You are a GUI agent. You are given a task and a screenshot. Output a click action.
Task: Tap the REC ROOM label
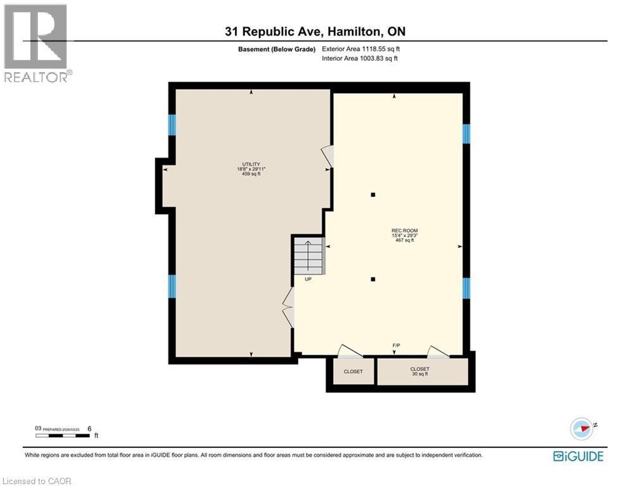click(x=405, y=230)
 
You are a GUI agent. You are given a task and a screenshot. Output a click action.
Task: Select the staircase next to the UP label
click(x=308, y=254)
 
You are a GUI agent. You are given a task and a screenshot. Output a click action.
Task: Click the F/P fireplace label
click(x=396, y=345)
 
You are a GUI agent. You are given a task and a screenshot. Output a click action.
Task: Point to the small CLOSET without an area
click(x=353, y=371)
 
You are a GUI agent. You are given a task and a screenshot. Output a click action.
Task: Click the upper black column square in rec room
click(x=374, y=195)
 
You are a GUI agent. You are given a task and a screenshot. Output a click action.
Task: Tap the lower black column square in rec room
click(x=374, y=279)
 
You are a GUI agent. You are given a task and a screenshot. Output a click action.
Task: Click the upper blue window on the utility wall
click(x=172, y=125)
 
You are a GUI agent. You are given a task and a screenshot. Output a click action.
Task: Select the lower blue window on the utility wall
click(x=172, y=285)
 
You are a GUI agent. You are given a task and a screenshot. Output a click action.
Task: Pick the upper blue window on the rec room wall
click(x=466, y=134)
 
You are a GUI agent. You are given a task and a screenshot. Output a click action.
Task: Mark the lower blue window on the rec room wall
click(x=466, y=288)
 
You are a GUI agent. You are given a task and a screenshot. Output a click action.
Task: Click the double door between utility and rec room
click(x=289, y=308)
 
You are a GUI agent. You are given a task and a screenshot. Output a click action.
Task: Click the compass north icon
click(x=582, y=428)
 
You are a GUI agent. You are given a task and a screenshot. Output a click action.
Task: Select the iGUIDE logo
click(x=577, y=456)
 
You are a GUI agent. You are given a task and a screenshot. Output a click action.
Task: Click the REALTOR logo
click(x=37, y=43)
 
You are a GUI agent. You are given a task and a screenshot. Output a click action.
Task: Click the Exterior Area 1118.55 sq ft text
click(x=360, y=49)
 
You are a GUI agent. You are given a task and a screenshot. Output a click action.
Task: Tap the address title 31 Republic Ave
click(x=315, y=32)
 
